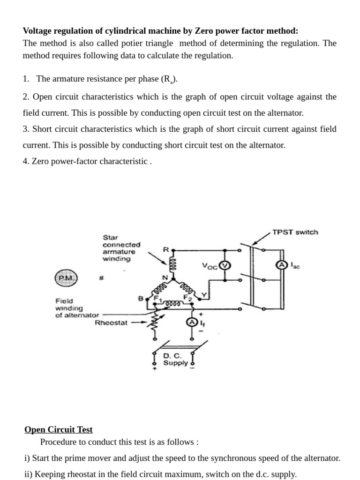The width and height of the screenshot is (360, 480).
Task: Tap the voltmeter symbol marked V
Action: click(225, 265)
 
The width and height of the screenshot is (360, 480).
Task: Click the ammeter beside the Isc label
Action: click(282, 265)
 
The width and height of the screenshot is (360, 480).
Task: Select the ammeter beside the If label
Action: click(191, 322)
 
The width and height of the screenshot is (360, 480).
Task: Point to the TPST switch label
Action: click(295, 232)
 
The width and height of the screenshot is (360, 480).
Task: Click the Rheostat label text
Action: click(111, 322)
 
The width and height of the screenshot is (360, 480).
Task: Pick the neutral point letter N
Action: click(165, 277)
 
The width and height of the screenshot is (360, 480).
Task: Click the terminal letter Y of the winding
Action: click(203, 295)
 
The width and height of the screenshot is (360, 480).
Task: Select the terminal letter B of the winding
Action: click(140, 298)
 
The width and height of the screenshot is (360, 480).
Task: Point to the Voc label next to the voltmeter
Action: click(210, 266)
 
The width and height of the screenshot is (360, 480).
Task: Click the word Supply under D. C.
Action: click(175, 363)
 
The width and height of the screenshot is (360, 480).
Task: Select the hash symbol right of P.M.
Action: click(101, 278)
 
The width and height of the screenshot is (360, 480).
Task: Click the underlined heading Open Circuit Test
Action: click(59, 429)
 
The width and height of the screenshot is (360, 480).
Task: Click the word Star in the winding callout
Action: click(111, 237)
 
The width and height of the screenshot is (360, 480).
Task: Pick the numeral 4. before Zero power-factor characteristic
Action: click(26, 161)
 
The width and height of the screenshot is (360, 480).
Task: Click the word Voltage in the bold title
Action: click(38, 31)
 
